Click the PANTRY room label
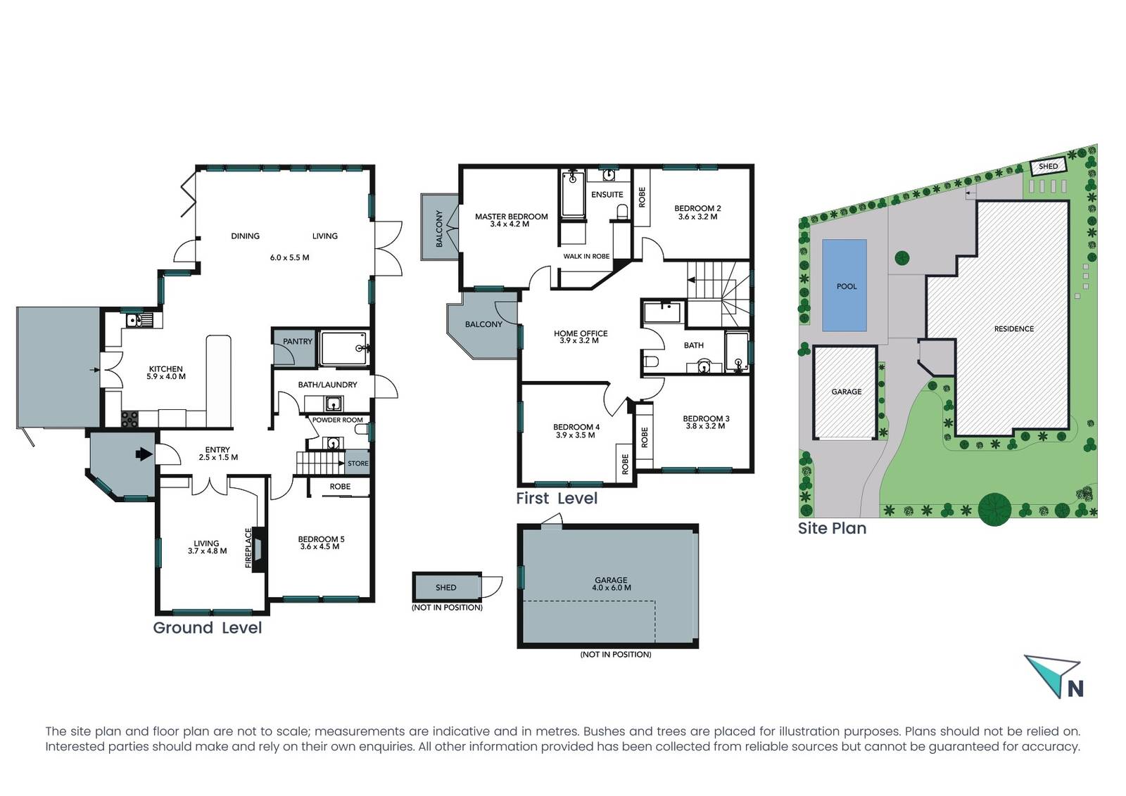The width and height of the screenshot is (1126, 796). click(x=298, y=342)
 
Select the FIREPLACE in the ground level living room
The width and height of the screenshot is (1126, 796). click(x=259, y=548)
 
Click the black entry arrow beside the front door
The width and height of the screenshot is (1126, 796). click(x=144, y=454)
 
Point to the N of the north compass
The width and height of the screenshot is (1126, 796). click(x=1075, y=688)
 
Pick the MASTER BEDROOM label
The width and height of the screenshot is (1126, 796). click(x=511, y=217)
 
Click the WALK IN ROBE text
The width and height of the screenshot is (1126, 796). click(x=586, y=256)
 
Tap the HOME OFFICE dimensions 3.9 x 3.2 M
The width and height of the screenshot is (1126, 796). click(x=579, y=340)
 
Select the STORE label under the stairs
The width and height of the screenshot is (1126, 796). click(x=358, y=463)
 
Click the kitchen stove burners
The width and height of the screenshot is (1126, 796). click(x=129, y=419)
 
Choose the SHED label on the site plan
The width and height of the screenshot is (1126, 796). click(x=1048, y=166)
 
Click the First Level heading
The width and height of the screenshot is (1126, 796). click(x=557, y=498)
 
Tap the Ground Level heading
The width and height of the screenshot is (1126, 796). click(x=207, y=628)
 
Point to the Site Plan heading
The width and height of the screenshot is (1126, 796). click(x=832, y=528)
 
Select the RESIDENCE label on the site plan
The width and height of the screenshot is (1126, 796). click(x=1014, y=329)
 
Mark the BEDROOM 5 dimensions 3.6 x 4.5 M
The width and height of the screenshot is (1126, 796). click(x=320, y=546)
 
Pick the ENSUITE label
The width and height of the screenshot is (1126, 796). click(x=607, y=194)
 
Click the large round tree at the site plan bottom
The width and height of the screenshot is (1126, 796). click(x=995, y=509)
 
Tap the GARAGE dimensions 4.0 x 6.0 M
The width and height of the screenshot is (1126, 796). click(x=612, y=588)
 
